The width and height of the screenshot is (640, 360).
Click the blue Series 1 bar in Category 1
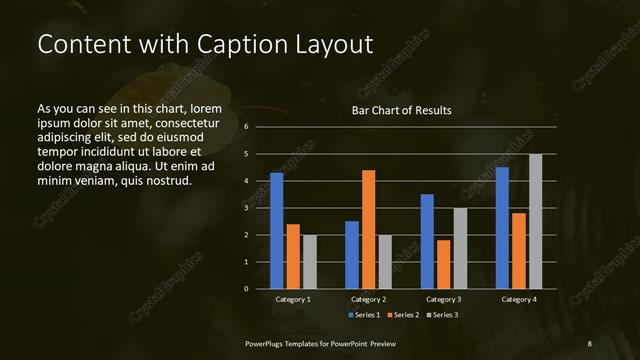(x=276, y=230)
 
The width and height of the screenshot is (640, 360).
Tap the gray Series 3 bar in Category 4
(x=535, y=221)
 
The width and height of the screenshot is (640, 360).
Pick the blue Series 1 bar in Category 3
(x=427, y=241)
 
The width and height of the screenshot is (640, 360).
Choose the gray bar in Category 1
(x=309, y=261)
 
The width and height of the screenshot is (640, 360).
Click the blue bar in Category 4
(x=502, y=227)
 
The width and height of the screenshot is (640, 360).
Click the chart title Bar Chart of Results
(x=401, y=110)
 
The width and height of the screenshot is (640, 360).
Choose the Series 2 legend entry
(x=404, y=315)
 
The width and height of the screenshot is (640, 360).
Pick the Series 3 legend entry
(x=441, y=315)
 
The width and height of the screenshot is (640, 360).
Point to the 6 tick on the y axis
(x=247, y=127)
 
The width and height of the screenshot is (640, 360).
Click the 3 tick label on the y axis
(x=247, y=208)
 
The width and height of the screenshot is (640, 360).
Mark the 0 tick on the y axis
(x=247, y=289)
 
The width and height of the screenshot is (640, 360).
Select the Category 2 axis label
(x=368, y=299)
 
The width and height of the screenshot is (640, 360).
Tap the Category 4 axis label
(x=518, y=299)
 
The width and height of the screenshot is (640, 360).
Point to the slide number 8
(x=590, y=343)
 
